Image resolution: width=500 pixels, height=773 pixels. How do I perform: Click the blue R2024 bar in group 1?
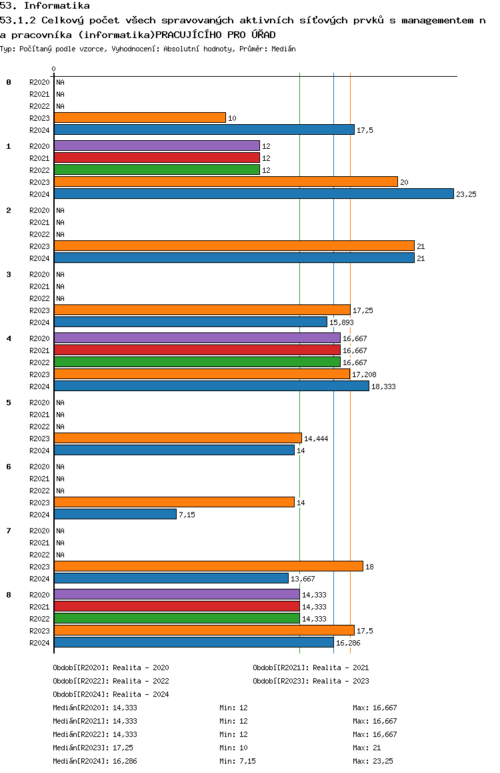pyautogui.click(x=254, y=194)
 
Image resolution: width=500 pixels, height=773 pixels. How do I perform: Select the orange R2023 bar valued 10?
pyautogui.click(x=140, y=118)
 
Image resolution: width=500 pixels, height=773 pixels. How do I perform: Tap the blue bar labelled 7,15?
pyautogui.click(x=115, y=514)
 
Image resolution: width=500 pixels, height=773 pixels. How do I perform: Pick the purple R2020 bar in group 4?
pyautogui.click(x=197, y=338)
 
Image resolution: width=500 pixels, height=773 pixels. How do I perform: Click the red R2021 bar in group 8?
pyautogui.click(x=177, y=606)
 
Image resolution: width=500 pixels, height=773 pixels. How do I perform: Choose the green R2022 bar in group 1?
pyautogui.click(x=157, y=170)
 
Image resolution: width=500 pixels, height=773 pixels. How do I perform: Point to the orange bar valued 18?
pyautogui.click(x=209, y=567)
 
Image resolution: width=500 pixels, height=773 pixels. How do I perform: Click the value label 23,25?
pyautogui.click(x=466, y=194)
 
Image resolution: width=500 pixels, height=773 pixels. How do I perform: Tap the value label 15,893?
pyautogui.click(x=341, y=322)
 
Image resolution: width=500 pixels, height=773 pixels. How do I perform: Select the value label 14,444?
pyautogui.click(x=316, y=439)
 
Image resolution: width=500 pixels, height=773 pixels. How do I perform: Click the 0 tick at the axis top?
pyautogui.click(x=53, y=69)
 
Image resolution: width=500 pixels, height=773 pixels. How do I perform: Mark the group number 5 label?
pyautogui.click(x=9, y=403)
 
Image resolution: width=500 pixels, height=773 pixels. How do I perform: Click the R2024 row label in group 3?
pyautogui.click(x=39, y=322)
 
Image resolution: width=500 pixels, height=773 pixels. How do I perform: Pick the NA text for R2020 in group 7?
pyautogui.click(x=60, y=531)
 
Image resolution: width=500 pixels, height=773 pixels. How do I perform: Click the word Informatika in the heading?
pyautogui.click(x=57, y=6)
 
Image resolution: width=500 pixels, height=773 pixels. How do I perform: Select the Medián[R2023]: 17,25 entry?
pyautogui.click(x=93, y=748)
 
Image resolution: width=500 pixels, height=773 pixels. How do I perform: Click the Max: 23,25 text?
pyautogui.click(x=373, y=761)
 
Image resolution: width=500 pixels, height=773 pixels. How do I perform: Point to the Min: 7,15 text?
pyautogui.click(x=238, y=761)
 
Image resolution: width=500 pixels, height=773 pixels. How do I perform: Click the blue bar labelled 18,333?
pyautogui.click(x=211, y=386)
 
